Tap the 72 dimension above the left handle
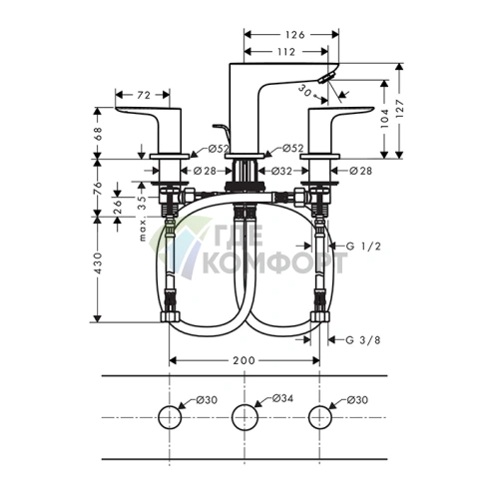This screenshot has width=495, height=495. tap(143, 95)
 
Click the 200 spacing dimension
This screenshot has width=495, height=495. tap(244, 359)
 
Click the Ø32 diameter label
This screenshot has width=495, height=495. tap(282, 171)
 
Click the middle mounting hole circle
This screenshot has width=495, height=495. tap(245, 417)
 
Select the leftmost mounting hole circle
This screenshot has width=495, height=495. tap(171, 417)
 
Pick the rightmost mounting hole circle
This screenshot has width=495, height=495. tap(319, 417)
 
